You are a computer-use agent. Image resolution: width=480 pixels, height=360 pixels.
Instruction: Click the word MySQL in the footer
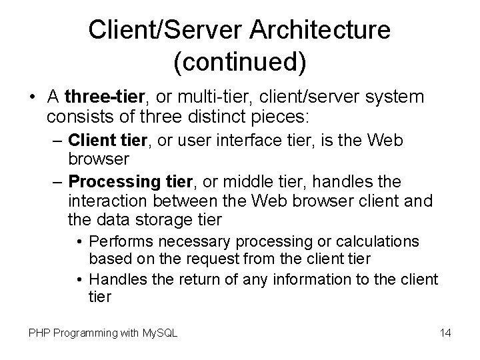point(159,331)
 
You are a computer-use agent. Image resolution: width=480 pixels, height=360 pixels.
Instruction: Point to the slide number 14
point(445,331)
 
